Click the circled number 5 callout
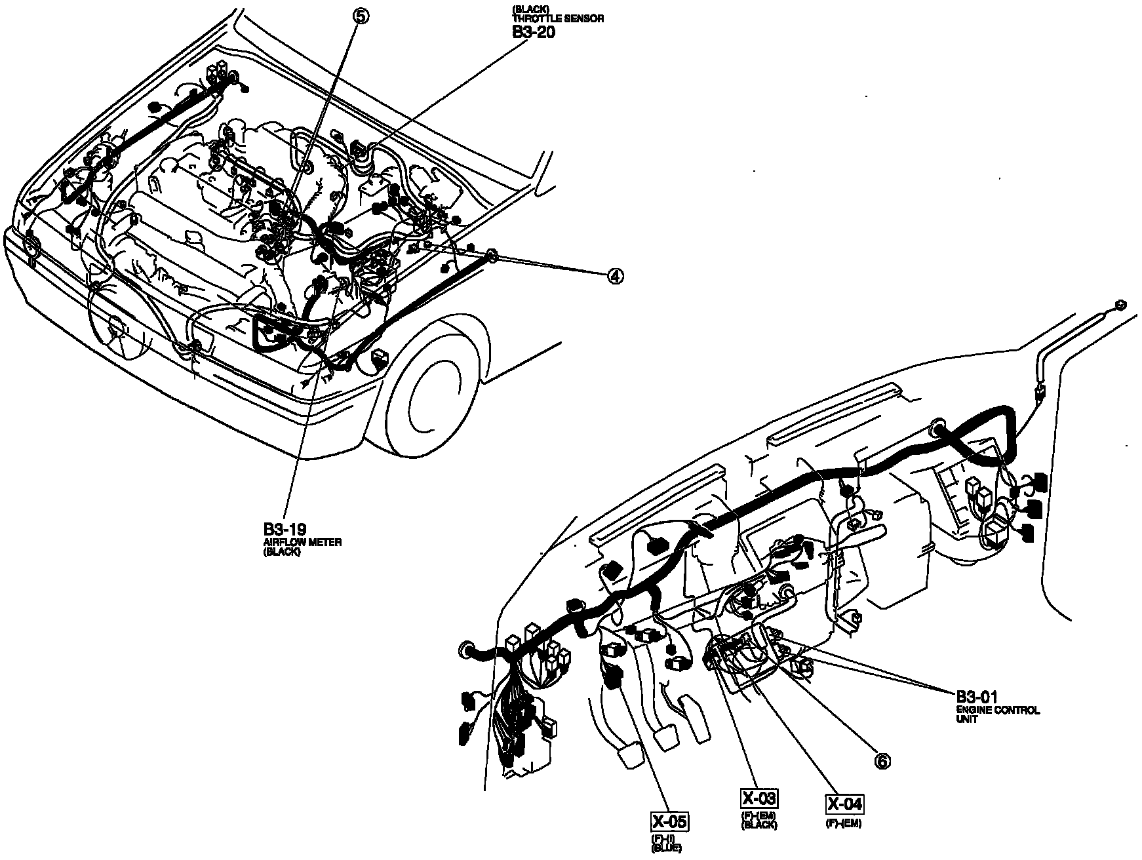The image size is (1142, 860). pos(361,16)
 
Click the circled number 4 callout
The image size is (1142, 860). pos(614,277)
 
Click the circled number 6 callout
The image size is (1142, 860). pos(882,761)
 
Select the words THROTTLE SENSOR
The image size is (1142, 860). pos(557,19)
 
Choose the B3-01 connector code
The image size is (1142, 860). pos(976,697)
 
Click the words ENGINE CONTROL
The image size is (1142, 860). pos(998,710)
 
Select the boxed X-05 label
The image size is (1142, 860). pos(669,821)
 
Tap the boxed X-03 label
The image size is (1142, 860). pos(759,798)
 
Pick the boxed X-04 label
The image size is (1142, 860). pos(844,804)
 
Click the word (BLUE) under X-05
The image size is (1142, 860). pos(666,849)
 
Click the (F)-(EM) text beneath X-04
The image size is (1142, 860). pos(843,824)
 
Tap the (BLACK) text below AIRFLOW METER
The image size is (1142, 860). pos(282,552)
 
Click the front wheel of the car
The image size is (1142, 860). pos(436,387)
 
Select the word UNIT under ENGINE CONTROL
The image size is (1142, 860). pos(966,719)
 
